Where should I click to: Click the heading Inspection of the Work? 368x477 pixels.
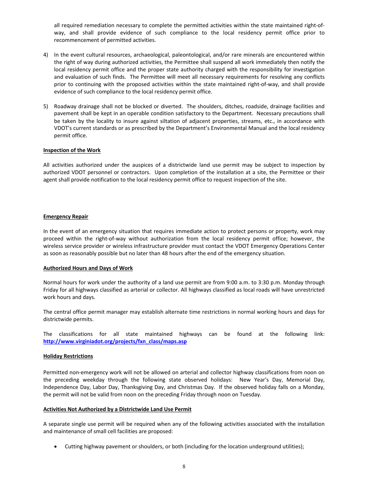(x=72, y=150)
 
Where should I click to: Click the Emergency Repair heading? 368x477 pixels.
(x=65, y=216)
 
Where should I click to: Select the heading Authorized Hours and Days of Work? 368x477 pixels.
(x=88, y=268)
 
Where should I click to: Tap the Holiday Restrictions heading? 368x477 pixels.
(x=68, y=356)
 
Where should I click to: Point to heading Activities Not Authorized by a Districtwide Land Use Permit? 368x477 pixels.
(x=117, y=409)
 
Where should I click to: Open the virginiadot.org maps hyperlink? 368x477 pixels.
(x=115, y=341)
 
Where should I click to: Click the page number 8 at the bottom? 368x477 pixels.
(x=184, y=467)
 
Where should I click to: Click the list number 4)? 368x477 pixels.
(x=46, y=55)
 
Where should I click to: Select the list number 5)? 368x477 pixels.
(x=46, y=106)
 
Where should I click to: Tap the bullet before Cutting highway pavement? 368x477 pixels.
(x=57, y=446)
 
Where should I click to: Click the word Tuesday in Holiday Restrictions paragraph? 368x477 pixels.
(x=251, y=394)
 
